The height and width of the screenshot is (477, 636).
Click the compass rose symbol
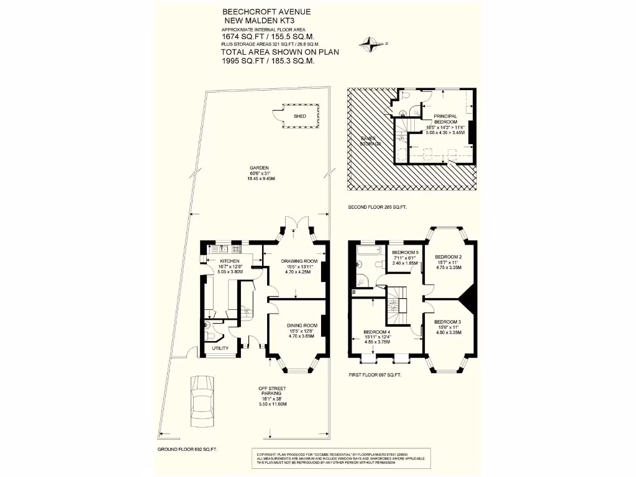pos(370,43)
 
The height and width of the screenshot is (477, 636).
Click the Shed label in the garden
pos(299,116)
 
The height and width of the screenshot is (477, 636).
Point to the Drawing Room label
pos(295,261)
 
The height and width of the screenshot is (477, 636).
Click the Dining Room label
pos(302,325)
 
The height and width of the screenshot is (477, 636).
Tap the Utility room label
pos(220,348)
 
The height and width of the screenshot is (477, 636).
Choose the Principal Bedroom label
pos(446,119)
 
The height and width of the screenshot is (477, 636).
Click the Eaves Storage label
pos(371,140)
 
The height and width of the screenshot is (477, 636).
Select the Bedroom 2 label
pos(448,257)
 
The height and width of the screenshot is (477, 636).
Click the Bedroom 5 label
pos(405,252)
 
